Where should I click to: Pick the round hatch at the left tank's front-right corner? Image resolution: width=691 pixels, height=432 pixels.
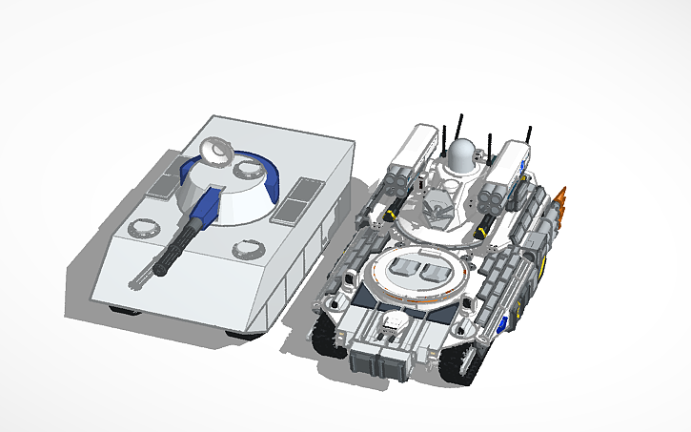pyautogui.click(x=247, y=250)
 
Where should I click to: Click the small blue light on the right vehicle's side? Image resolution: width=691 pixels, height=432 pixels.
pyautogui.click(x=496, y=325)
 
